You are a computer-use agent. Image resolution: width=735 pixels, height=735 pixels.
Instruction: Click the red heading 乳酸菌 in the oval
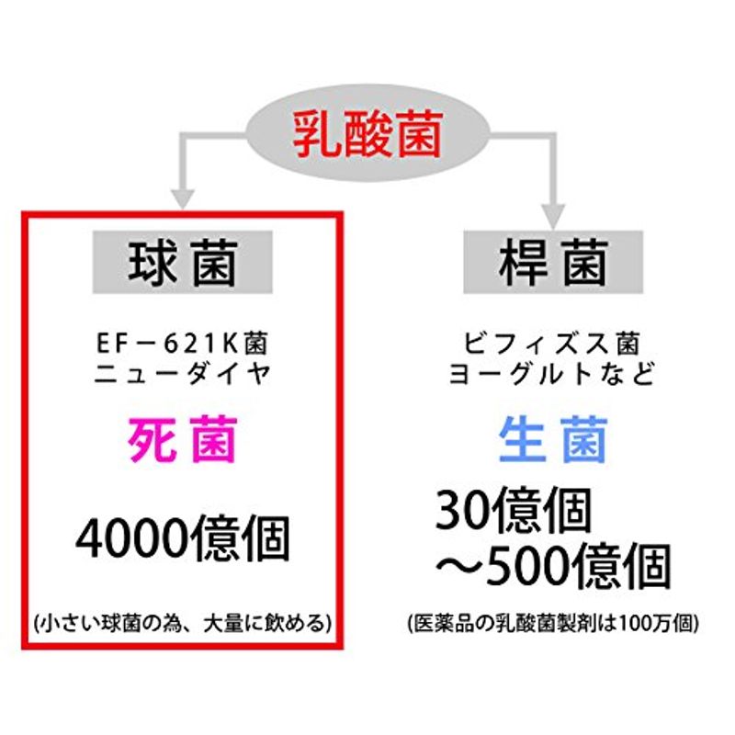(x=368, y=135)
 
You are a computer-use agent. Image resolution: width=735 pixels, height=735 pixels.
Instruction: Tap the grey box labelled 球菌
(x=182, y=262)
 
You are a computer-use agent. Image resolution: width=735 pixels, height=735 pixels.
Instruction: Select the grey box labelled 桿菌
(x=553, y=262)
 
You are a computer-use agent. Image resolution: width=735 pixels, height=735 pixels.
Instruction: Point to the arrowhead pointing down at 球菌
(x=182, y=199)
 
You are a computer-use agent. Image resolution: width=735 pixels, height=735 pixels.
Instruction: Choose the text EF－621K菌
(x=182, y=344)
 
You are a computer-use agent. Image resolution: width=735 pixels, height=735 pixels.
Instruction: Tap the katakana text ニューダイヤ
(x=183, y=374)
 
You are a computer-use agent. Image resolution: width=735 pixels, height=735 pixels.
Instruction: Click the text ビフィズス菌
(x=552, y=344)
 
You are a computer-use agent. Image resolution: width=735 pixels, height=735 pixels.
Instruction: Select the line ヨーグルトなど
(x=552, y=374)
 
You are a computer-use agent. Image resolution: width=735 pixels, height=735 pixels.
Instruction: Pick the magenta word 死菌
(x=182, y=440)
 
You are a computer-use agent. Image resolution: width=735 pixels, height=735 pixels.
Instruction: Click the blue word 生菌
(x=553, y=440)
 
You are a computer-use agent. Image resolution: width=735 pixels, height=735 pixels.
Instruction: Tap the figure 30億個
(x=514, y=510)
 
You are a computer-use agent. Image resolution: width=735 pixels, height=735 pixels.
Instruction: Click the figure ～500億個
(x=553, y=566)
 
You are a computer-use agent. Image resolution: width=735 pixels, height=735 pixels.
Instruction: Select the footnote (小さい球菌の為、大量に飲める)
(x=182, y=624)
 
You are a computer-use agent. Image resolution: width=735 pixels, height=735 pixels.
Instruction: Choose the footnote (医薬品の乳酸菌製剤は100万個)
(x=553, y=624)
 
